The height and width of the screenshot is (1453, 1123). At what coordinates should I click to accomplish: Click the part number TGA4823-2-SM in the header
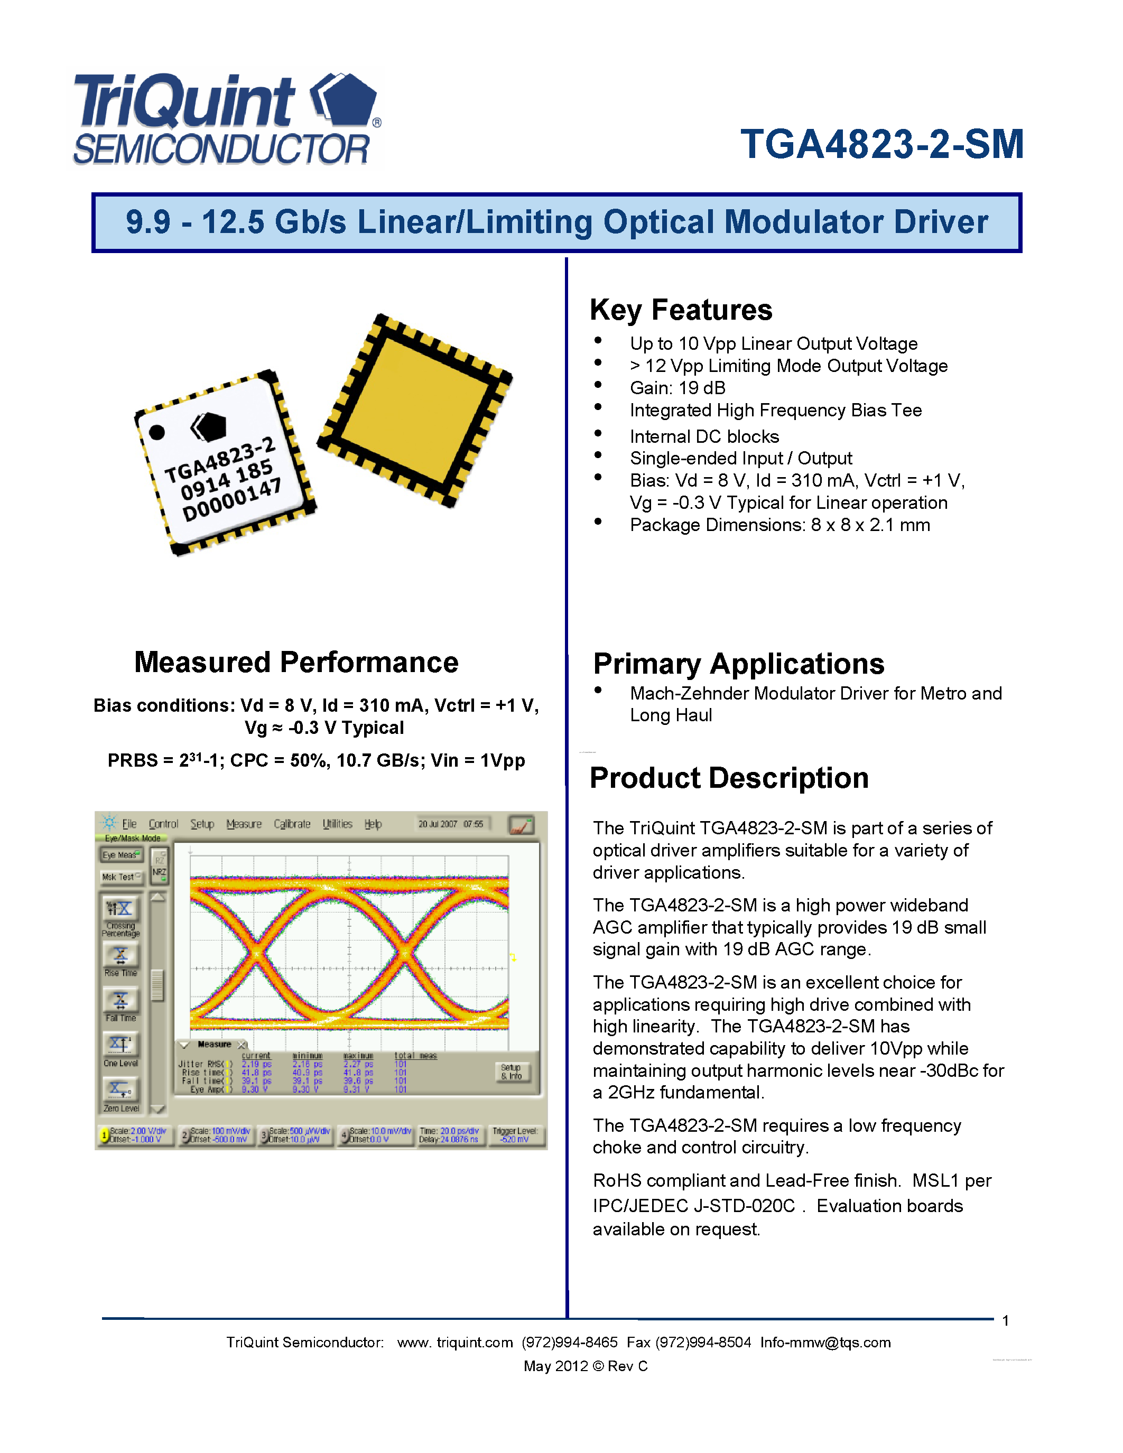click(881, 144)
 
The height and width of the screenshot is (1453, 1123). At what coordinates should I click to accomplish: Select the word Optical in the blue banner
click(658, 222)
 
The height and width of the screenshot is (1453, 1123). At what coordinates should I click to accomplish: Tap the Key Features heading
click(681, 310)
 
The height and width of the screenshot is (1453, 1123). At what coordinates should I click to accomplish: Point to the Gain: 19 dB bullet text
click(677, 388)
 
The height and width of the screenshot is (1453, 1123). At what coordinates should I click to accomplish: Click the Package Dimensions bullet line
click(779, 525)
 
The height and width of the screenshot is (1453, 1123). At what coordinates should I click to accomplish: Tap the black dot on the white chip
click(157, 432)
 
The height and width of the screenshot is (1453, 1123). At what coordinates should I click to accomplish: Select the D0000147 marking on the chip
click(231, 500)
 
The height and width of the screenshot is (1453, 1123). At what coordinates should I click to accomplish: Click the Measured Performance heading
click(296, 663)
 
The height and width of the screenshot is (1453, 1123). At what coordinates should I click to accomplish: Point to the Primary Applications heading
click(738, 664)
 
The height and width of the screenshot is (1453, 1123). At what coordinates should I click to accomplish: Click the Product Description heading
click(729, 778)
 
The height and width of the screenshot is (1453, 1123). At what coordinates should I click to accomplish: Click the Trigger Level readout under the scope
click(514, 1134)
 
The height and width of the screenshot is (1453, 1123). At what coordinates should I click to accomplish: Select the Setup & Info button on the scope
click(512, 1071)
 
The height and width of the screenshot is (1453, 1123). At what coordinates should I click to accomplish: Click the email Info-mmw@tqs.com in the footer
click(825, 1343)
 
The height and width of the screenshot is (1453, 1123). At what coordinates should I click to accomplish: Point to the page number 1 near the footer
click(1005, 1320)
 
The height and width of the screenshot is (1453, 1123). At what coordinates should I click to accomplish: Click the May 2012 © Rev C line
click(586, 1366)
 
